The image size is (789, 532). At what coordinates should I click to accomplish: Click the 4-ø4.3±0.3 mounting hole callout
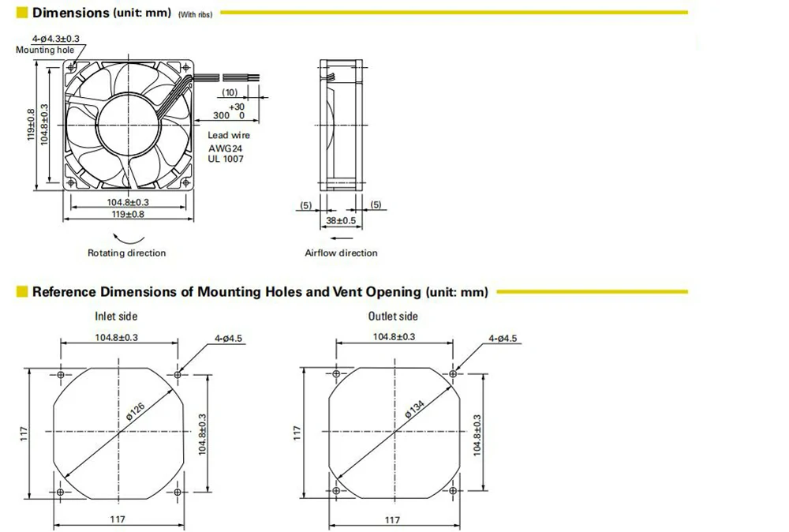tap(56, 39)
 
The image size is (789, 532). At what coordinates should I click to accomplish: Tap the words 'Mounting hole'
tap(45, 50)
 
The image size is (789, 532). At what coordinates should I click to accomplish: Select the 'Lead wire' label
tap(229, 135)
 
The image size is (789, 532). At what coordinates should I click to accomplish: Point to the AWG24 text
tap(225, 148)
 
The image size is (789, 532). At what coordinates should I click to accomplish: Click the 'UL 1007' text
tap(226, 159)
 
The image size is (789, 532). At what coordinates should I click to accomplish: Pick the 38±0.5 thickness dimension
tap(341, 220)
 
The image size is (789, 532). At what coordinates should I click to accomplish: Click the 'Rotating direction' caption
tap(127, 253)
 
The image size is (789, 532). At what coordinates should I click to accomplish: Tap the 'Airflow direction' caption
tap(341, 253)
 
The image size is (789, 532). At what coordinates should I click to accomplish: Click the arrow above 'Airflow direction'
tap(342, 238)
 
